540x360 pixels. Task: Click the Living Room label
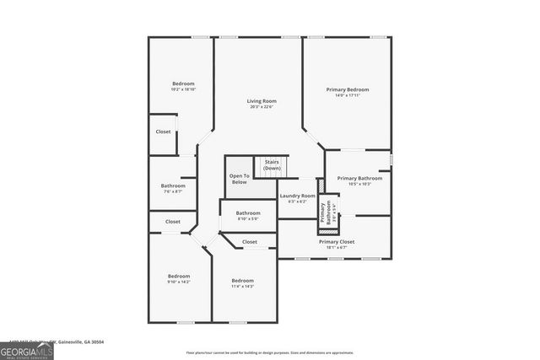[262, 100]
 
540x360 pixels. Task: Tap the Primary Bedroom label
[348, 89]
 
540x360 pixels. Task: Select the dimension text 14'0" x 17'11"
[348, 95]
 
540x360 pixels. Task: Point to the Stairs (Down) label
[272, 164]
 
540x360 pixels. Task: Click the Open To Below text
[240, 179]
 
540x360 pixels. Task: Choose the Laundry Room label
[297, 196]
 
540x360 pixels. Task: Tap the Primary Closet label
[336, 242]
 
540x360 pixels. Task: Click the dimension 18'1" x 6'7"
[336, 248]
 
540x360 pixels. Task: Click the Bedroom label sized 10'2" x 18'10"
[183, 83]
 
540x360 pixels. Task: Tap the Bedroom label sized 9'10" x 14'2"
[179, 276]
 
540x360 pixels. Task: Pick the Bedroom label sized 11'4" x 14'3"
[243, 280]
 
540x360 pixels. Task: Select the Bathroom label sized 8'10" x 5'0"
[248, 213]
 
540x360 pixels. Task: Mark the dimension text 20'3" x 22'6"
[262, 106]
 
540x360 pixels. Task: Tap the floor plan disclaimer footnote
[269, 352]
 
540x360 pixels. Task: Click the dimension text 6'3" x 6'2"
[297, 201]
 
